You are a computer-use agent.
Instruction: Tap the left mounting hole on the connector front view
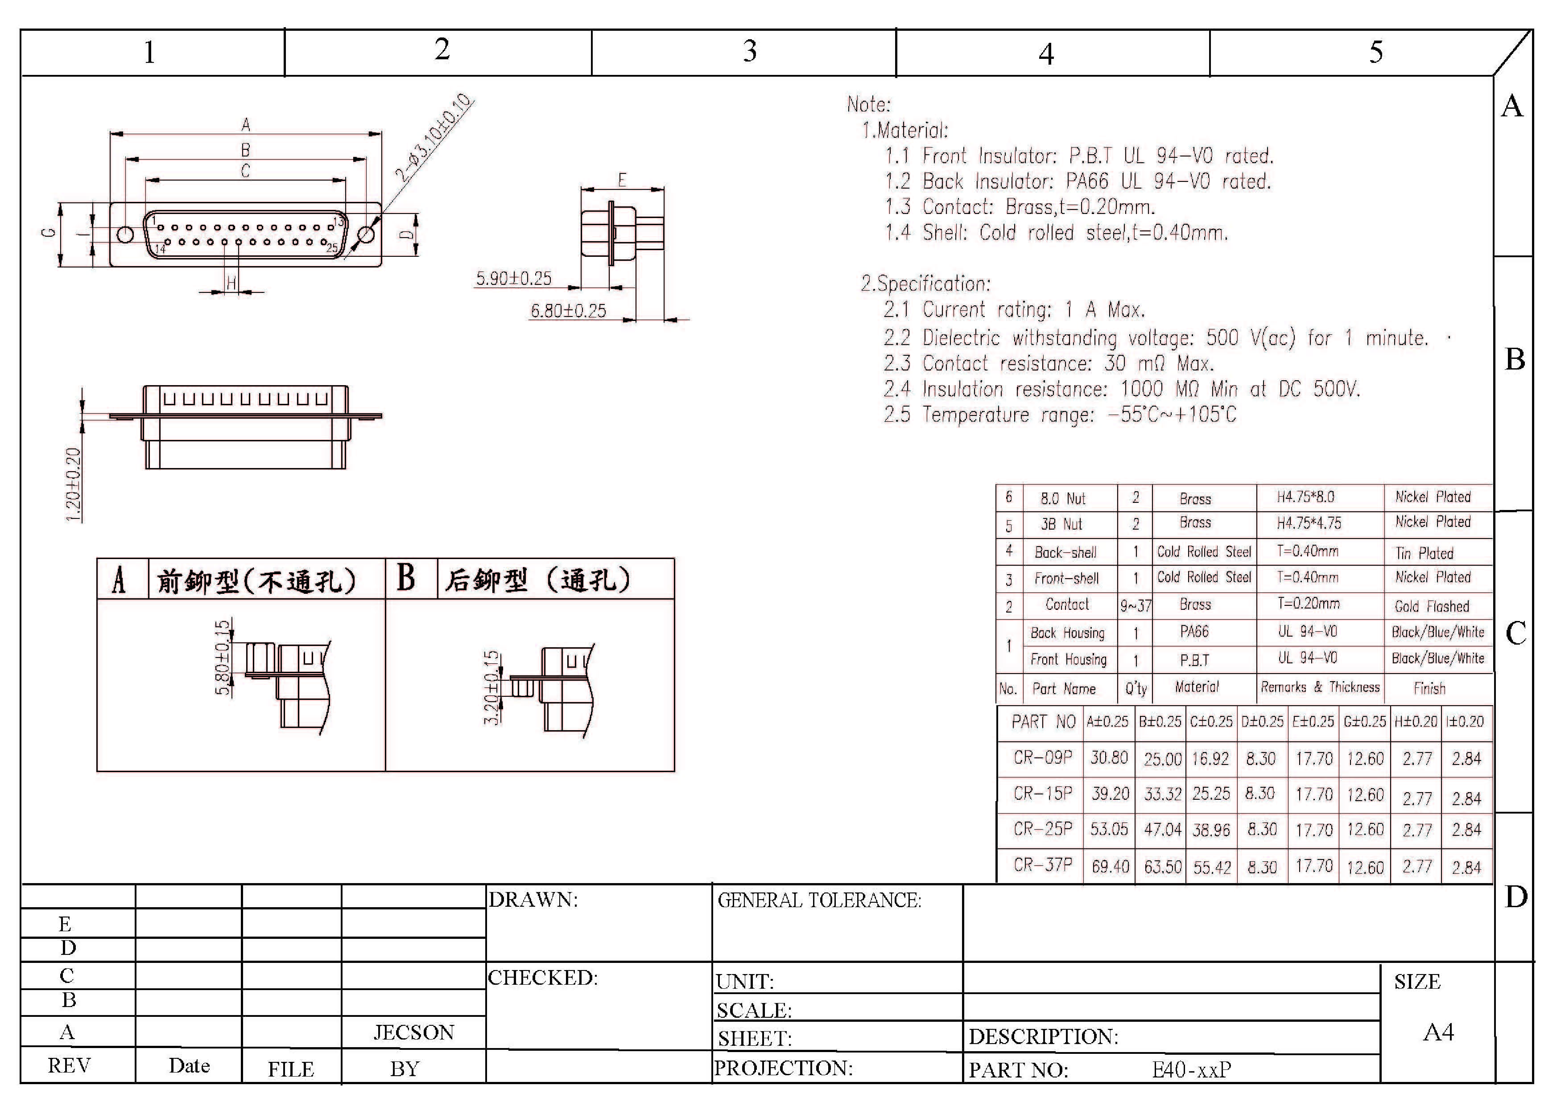(x=125, y=234)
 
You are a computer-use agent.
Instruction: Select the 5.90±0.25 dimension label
(x=513, y=278)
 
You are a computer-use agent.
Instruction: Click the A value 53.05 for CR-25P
(x=1109, y=829)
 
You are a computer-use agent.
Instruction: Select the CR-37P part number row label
(x=1043, y=865)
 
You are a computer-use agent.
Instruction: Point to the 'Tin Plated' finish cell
(x=1424, y=553)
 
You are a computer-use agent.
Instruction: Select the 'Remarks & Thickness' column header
(x=1320, y=687)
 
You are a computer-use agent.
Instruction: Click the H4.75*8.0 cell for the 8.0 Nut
(x=1305, y=497)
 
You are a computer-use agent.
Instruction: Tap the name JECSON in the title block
(x=414, y=1032)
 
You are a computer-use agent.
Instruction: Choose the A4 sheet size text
(x=1438, y=1032)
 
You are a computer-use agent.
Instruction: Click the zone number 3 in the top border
(x=750, y=51)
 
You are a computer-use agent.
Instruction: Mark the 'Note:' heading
(x=868, y=104)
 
